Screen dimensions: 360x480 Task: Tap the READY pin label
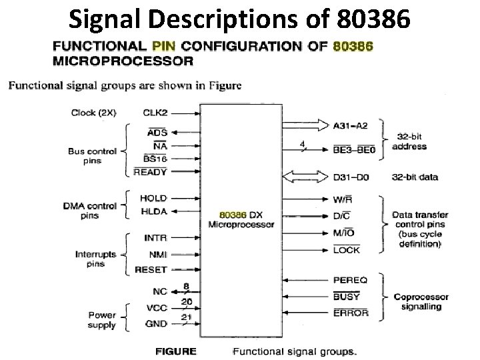click(150, 172)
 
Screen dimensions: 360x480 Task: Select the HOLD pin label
click(153, 198)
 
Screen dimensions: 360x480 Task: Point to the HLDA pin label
click(153, 211)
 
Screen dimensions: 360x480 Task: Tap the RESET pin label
click(151, 269)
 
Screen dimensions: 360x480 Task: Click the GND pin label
click(156, 324)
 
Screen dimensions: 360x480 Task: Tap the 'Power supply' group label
click(101, 320)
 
